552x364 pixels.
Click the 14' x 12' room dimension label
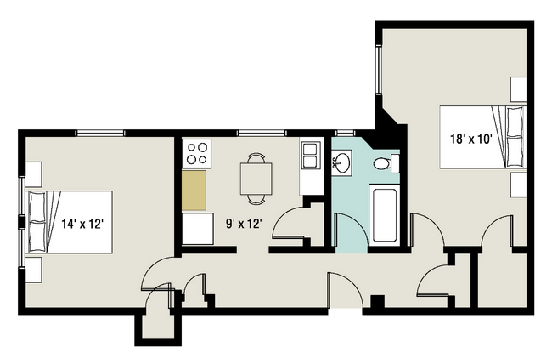83,225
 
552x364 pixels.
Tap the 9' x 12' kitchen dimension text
243,225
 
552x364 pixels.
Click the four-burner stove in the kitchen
198,153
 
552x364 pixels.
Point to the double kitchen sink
310,154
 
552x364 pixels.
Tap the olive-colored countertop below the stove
194,191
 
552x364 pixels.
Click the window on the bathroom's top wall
345,132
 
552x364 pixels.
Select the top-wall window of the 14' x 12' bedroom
100,132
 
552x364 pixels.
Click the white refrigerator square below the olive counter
197,229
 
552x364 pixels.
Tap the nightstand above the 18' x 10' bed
517,89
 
